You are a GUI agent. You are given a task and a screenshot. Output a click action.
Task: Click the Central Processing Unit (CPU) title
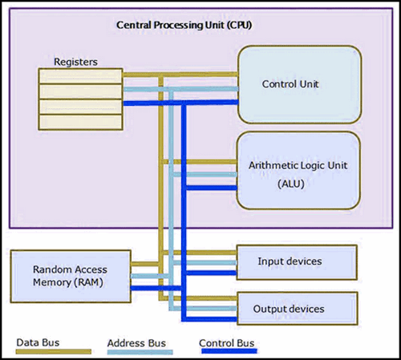(x=184, y=25)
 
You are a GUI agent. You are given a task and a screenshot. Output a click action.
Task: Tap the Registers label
(x=75, y=62)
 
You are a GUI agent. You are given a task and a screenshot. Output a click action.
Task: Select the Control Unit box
(x=300, y=84)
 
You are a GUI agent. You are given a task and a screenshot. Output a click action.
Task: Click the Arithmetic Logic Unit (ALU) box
(x=298, y=171)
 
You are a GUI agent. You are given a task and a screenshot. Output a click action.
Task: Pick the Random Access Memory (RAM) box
(x=71, y=277)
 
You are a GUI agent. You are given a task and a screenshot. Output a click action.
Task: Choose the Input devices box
(x=297, y=262)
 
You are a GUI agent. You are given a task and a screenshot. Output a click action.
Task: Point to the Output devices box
(x=298, y=309)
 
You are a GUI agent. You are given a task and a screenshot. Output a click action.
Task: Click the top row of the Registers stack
(x=80, y=76)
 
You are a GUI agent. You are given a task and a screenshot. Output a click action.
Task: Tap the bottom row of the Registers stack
(x=80, y=122)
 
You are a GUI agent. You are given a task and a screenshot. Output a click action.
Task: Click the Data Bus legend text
(x=38, y=342)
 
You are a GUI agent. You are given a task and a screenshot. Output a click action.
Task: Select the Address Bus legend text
(x=136, y=343)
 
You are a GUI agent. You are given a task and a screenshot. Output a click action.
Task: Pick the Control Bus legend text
(x=226, y=343)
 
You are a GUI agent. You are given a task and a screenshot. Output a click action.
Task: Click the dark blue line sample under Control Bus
(x=229, y=351)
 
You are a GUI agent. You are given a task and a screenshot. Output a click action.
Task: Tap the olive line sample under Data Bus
(x=54, y=351)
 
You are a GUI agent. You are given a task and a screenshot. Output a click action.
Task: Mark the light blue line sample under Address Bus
(x=140, y=352)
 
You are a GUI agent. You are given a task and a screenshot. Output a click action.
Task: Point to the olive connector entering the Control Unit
(x=180, y=75)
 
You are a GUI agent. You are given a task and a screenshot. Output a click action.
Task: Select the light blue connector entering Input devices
(x=205, y=263)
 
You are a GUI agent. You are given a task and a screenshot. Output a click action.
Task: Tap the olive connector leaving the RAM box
(x=144, y=264)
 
